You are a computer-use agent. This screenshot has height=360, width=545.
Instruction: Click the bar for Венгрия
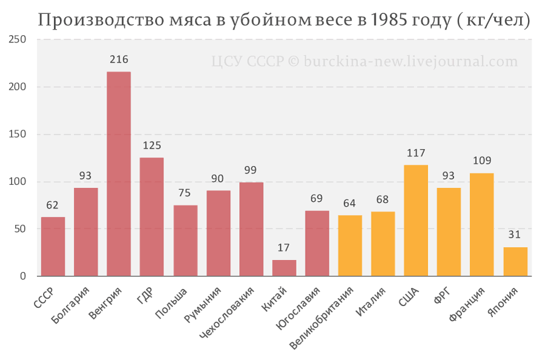(119, 174)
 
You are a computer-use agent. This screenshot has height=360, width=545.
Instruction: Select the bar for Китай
(285, 268)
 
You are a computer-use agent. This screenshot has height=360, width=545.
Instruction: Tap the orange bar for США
(416, 221)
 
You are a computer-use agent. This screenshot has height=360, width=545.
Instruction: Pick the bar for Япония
(515, 262)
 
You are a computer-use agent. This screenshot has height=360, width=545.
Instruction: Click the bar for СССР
(53, 247)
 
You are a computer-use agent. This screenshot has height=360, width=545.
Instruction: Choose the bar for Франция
(482, 225)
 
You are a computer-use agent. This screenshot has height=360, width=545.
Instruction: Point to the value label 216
(119, 59)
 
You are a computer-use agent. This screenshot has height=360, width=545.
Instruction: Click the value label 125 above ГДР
(152, 145)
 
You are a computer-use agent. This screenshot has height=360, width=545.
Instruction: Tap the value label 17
(283, 248)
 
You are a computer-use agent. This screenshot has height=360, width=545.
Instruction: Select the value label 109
(482, 161)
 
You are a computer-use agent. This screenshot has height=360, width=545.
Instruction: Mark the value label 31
(514, 235)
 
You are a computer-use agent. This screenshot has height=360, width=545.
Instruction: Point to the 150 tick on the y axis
(18, 135)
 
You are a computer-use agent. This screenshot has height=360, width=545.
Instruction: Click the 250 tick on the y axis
(18, 39)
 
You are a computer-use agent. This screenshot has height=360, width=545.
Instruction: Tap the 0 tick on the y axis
(23, 276)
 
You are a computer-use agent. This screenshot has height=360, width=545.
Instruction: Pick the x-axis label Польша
(171, 303)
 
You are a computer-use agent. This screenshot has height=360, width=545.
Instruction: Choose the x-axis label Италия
(371, 302)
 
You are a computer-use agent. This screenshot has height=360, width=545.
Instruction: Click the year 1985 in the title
(389, 20)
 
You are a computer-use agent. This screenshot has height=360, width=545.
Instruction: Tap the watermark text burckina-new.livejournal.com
(411, 62)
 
